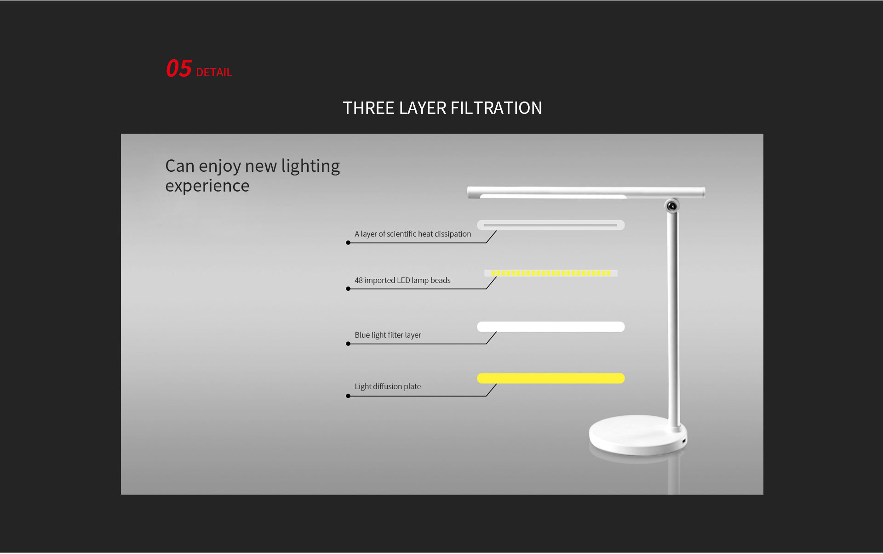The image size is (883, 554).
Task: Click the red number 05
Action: pos(179,68)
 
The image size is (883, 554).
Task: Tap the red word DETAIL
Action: pos(214,73)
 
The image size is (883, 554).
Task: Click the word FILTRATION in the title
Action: pos(496,108)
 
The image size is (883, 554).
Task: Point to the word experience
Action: pos(207,186)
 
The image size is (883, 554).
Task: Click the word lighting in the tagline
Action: pos(310,166)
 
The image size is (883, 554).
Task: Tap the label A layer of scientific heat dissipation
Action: pos(413,234)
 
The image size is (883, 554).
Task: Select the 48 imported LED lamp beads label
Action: pos(402,280)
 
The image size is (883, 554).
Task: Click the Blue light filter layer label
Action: pos(388,335)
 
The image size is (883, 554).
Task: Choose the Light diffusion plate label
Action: pos(388,386)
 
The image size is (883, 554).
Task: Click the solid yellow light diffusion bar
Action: pos(550,378)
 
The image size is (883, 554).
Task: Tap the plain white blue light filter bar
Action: pos(550,327)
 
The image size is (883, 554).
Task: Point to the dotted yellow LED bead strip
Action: pos(550,273)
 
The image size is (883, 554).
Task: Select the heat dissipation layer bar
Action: pos(550,225)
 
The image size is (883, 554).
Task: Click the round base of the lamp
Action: pos(638,435)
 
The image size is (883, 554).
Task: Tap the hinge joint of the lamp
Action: pos(672,206)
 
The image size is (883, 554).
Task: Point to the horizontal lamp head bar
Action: pos(586,192)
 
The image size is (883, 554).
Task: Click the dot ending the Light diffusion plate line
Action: pos(348,396)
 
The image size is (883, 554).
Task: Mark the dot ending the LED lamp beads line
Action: pos(348,289)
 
